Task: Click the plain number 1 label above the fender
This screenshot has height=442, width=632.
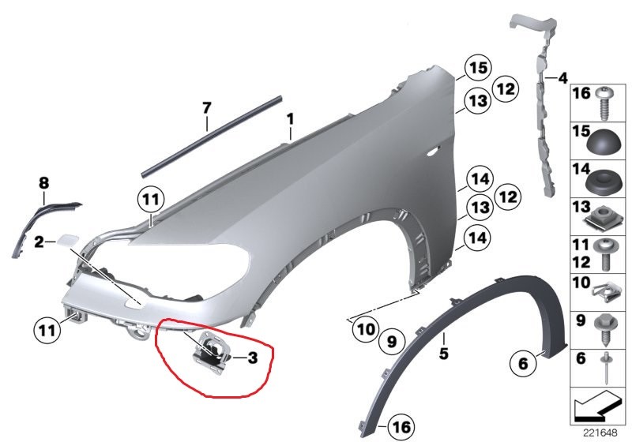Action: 290,119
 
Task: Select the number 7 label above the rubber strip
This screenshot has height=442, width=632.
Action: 206,108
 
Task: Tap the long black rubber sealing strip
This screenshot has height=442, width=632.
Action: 212,136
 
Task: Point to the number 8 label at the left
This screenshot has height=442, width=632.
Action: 43,183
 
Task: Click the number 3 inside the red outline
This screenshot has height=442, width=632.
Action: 252,358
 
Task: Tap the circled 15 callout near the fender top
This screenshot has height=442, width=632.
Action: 479,69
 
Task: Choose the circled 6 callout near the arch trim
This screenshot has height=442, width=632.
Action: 523,364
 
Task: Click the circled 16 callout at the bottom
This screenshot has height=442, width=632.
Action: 401,427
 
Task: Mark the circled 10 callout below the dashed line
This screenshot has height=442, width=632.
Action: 366,330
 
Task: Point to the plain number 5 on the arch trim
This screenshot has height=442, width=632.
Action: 443,354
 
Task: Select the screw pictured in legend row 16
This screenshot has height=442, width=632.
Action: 604,103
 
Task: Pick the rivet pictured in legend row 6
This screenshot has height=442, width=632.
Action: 607,369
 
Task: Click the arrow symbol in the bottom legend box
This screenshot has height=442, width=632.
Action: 596,406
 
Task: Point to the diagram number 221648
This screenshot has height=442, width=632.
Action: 600,433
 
